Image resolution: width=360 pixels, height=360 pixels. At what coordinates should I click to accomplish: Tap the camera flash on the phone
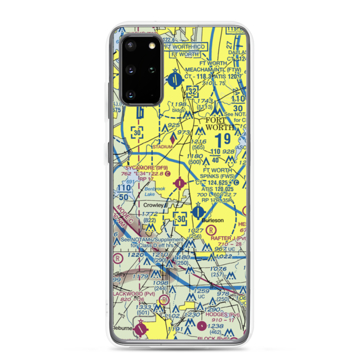[152, 45]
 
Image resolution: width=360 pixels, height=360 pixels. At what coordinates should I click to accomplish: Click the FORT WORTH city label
[216, 123]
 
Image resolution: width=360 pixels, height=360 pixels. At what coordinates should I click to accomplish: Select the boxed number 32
[192, 92]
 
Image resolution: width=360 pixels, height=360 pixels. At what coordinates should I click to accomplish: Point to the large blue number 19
[222, 140]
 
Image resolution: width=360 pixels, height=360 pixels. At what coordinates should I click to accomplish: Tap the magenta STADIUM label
[163, 147]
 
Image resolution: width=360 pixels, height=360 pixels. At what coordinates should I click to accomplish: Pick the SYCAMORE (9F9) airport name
[146, 168]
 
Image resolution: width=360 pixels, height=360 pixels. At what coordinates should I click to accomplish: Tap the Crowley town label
[153, 205]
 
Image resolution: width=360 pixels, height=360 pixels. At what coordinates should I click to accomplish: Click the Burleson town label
[212, 220]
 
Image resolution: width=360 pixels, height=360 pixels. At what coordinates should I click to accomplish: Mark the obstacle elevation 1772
[149, 214]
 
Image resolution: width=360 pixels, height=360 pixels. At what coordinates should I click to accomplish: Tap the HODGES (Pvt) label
[222, 314]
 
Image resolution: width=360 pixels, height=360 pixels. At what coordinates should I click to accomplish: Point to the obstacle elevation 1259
[201, 291]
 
